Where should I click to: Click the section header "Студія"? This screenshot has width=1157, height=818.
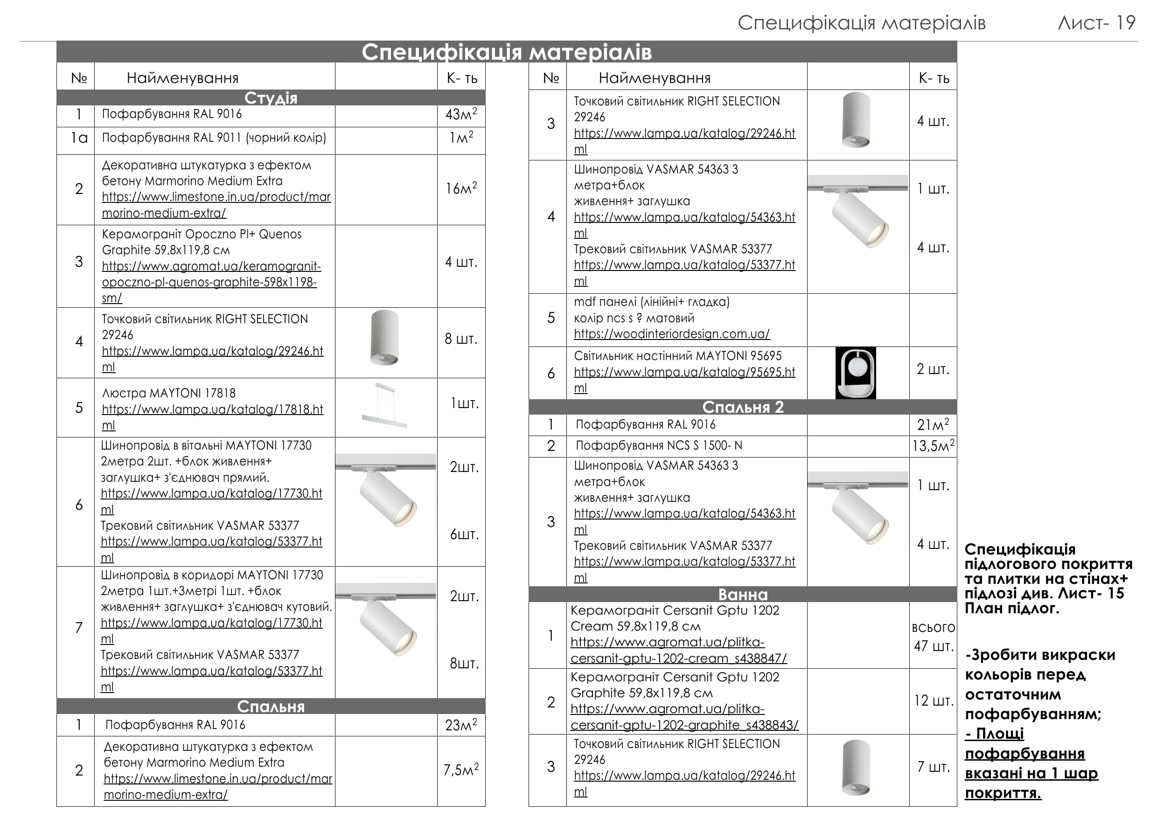[x=271, y=98]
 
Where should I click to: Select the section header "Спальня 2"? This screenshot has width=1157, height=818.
[x=743, y=407]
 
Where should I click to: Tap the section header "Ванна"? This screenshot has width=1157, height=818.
[x=743, y=594]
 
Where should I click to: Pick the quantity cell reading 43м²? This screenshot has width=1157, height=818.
[x=460, y=114]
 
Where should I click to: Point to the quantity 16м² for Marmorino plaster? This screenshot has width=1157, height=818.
[x=460, y=188]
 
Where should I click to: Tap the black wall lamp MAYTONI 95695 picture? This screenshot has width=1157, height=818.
[x=856, y=373]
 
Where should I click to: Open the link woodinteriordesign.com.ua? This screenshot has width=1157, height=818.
[x=671, y=334]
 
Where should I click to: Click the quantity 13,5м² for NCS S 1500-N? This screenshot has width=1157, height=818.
[x=933, y=446]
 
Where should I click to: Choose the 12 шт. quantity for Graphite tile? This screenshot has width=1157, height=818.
[x=933, y=700]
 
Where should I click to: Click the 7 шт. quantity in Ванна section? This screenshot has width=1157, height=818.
[x=933, y=767]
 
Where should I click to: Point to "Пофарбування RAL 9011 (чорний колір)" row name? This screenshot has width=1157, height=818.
[x=214, y=138]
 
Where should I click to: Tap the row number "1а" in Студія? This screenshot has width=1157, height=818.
[x=79, y=138]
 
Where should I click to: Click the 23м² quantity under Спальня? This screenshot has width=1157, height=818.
[x=460, y=725]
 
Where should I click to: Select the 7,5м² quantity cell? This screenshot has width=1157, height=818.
[x=460, y=769]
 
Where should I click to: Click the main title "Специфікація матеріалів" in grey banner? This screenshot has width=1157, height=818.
[x=507, y=52]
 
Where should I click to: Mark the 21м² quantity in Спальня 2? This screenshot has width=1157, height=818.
[x=933, y=424]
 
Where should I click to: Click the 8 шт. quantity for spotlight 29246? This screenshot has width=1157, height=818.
[x=460, y=339]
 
